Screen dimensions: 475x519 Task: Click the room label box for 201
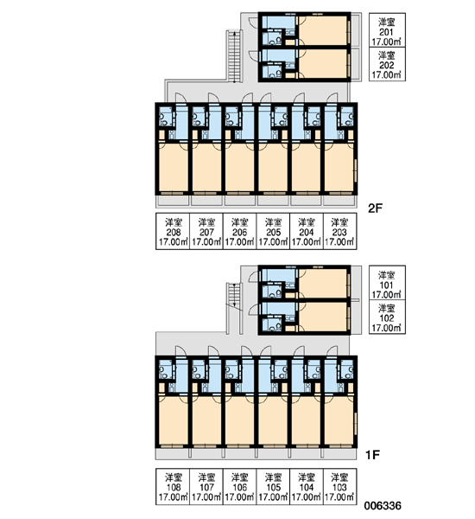[x=387, y=30]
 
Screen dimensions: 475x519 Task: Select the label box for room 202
[x=387, y=64]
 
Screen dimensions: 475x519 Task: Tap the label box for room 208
[x=173, y=231]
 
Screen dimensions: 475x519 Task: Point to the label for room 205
[x=273, y=231]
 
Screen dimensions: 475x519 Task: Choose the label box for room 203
[x=339, y=231]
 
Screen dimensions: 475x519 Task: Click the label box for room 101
[x=387, y=283]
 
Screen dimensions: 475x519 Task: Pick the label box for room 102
[x=387, y=317]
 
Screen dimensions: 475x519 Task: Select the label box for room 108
[x=173, y=486]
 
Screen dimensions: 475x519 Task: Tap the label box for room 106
[x=239, y=486]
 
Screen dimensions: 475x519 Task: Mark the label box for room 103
[x=339, y=486]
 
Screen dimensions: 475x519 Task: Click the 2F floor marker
[x=375, y=208]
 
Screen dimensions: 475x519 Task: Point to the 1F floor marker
[x=372, y=455]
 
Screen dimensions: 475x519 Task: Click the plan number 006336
[x=383, y=506]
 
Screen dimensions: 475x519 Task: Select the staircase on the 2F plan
[x=235, y=56]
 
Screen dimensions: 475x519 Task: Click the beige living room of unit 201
[x=323, y=30]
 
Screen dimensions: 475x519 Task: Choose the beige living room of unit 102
[x=323, y=317]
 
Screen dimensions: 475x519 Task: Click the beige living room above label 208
[x=173, y=167]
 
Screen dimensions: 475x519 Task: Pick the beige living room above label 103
[x=339, y=420]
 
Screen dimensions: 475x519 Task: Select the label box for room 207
[x=206, y=231]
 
